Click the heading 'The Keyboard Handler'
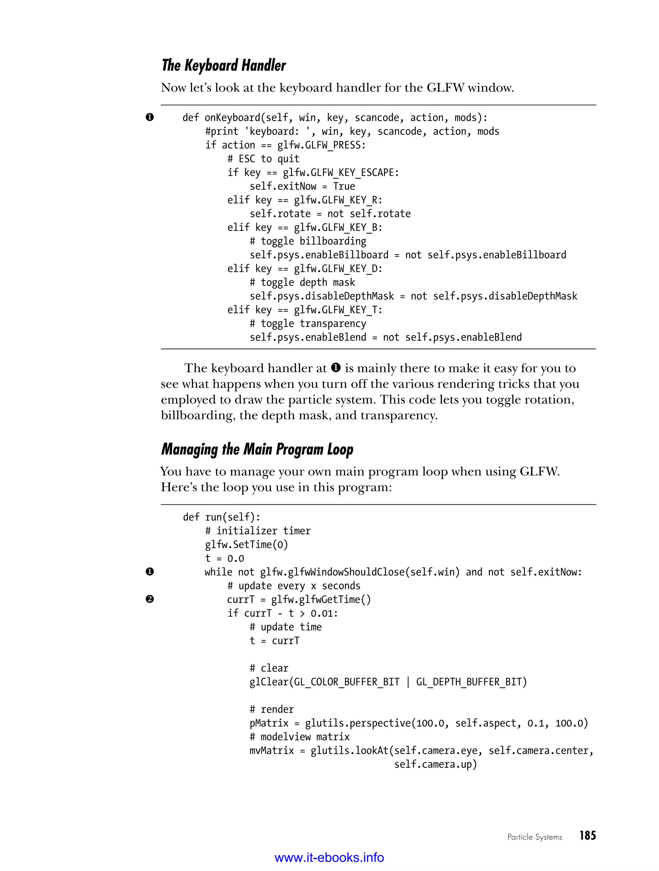(x=224, y=65)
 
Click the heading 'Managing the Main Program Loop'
(x=257, y=449)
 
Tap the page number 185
(x=587, y=836)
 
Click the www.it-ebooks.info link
(x=329, y=857)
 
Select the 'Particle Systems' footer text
(x=534, y=837)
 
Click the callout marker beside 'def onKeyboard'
(x=150, y=117)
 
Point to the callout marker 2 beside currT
(x=150, y=599)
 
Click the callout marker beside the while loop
(x=150, y=572)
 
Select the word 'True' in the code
(x=344, y=186)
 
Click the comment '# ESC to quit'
(x=263, y=159)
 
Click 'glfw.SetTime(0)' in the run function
(x=246, y=545)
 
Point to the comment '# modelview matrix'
(x=299, y=737)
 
